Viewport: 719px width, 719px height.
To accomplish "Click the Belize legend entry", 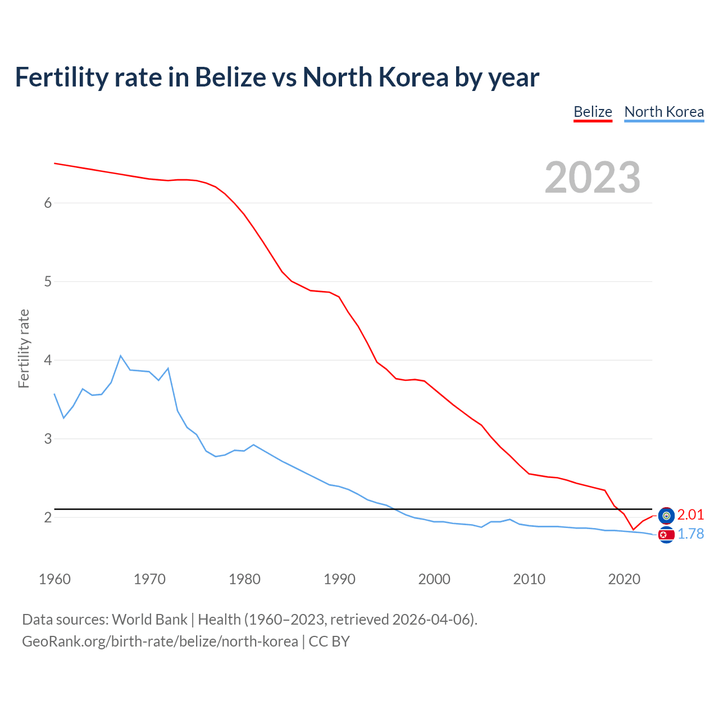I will [x=593, y=112].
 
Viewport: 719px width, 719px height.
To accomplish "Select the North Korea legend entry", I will [x=664, y=112].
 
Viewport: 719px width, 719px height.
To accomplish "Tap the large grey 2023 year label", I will [x=593, y=178].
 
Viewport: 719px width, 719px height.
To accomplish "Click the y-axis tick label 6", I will [x=48, y=203].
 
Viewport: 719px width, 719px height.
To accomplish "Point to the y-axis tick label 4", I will [x=48, y=360].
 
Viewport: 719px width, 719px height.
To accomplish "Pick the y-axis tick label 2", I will [x=48, y=517].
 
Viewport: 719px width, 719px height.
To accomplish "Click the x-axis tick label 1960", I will [x=54, y=579].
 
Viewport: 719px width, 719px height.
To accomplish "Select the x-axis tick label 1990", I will [x=339, y=579].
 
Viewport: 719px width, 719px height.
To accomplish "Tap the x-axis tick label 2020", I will [x=624, y=579].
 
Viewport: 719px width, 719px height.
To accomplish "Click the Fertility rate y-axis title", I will [x=24, y=348].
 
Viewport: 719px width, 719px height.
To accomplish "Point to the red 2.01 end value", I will [x=690, y=515].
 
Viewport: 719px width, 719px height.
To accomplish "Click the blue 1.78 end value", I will [x=690, y=534].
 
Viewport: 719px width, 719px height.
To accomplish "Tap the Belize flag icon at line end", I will [x=666, y=515].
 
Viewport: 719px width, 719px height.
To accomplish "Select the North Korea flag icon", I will [x=666, y=535].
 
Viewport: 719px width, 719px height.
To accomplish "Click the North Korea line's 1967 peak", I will [x=121, y=356].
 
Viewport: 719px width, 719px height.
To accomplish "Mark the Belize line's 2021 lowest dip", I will [x=633, y=529].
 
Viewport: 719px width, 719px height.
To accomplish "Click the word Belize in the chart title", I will [x=230, y=78].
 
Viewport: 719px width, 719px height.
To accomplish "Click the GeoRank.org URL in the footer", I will [x=160, y=641].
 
